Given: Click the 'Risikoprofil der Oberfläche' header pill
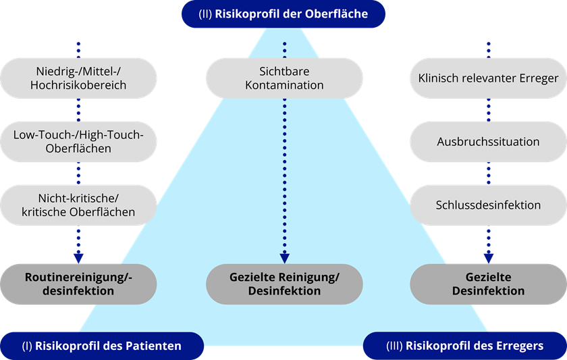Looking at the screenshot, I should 283,14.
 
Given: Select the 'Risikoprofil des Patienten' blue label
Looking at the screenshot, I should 101,346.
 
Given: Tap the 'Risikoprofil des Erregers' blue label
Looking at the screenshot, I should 465,346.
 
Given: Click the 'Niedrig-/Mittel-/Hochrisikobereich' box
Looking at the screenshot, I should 78,78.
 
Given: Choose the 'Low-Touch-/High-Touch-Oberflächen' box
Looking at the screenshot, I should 78,141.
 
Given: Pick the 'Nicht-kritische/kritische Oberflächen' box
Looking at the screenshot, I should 78,205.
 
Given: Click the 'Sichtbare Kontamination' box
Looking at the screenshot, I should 284,78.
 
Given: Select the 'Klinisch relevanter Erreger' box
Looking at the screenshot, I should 488,78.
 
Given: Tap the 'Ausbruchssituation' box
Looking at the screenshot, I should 488,142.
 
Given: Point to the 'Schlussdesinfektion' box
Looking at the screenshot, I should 488,205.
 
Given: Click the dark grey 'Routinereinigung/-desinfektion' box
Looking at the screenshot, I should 78,284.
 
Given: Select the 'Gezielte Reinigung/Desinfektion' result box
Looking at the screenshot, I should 284,284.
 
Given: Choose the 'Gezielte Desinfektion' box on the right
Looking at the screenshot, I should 488,284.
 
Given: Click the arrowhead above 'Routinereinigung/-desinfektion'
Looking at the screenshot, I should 78,257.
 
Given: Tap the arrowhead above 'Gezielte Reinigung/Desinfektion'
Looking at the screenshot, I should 284,257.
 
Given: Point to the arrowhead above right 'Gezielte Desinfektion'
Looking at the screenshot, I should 488,257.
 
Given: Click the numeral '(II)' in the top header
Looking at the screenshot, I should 203,14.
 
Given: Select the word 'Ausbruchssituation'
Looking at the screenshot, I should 488,142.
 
